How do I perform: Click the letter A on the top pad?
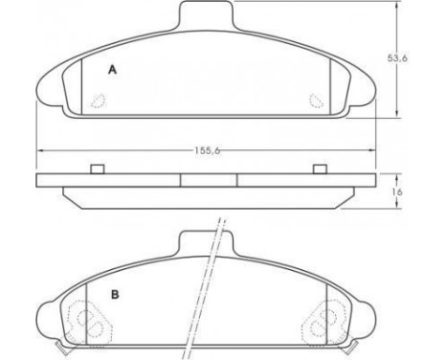(x=113, y=69)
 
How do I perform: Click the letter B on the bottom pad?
(x=114, y=294)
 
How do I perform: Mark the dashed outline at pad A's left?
(x=98, y=98)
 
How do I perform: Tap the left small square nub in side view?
(x=97, y=169)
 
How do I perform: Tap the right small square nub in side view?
(x=321, y=169)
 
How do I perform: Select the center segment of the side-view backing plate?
(x=209, y=179)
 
